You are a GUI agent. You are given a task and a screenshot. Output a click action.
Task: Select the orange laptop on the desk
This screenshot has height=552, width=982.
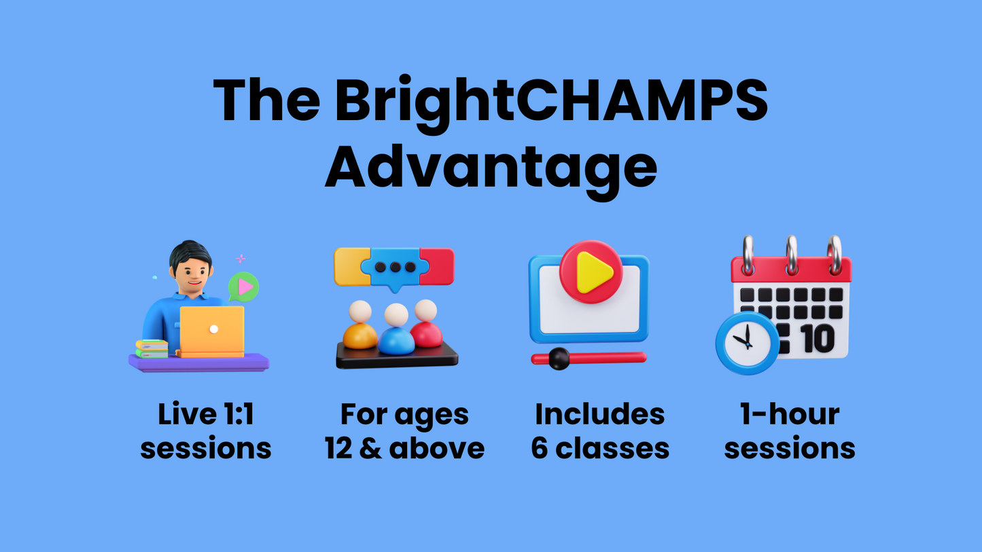point(212,331)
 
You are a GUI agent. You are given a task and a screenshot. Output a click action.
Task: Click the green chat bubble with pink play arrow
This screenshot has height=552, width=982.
point(243,287)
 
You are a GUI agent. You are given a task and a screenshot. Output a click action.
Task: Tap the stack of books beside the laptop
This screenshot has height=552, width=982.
point(152,349)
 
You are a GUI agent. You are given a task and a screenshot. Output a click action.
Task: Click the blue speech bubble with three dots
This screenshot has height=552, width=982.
point(395,269)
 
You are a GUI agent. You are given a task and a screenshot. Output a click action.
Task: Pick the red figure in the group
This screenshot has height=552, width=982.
point(425,323)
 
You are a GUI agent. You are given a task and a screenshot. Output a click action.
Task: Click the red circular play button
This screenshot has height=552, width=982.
point(591,272)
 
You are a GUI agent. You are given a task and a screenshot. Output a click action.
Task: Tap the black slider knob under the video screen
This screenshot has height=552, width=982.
point(559,358)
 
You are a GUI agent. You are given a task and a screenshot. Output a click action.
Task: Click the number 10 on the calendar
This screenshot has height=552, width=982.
point(818,338)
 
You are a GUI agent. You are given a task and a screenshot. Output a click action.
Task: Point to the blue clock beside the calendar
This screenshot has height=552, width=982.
point(748,344)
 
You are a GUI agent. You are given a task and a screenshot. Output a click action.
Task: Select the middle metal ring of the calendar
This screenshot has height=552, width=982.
point(792,255)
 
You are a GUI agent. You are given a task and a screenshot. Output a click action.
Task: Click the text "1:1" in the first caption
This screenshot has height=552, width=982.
point(239,414)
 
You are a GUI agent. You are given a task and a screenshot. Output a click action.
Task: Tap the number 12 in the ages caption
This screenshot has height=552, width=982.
point(338,448)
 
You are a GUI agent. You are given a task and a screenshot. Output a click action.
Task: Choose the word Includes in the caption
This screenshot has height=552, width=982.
point(599,414)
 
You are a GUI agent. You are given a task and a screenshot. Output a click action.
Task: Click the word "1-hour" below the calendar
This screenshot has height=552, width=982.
point(790,414)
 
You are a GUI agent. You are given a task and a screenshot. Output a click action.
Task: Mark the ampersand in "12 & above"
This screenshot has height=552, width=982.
point(370,448)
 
